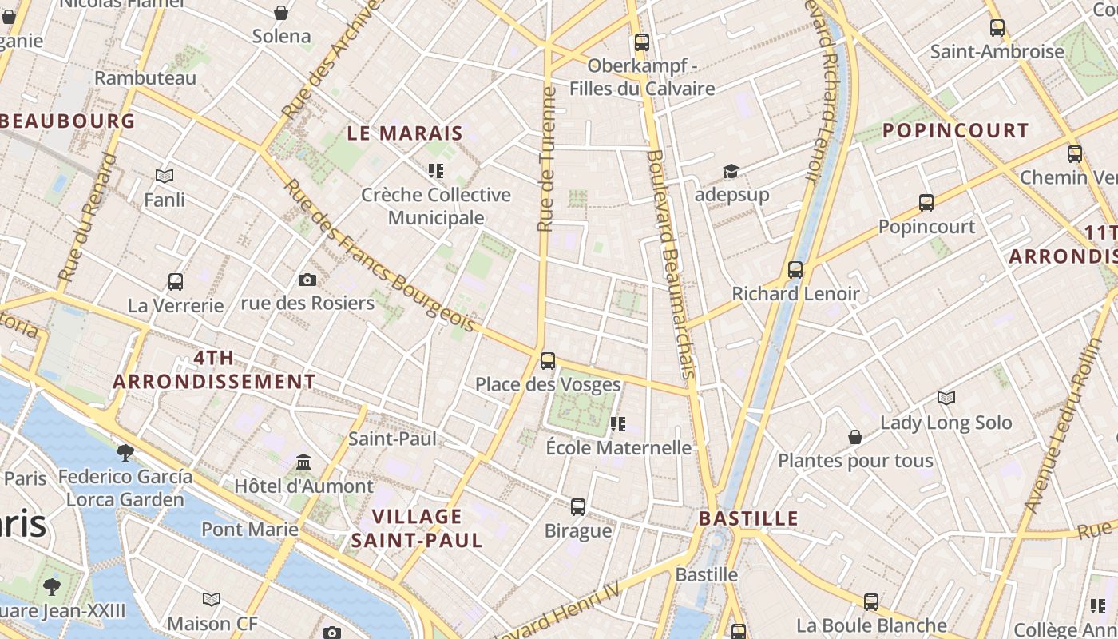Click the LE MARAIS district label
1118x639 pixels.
[405, 133]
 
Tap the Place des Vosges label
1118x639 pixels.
[548, 384]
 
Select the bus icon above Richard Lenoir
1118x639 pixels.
[795, 270]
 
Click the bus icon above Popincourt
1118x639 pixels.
[926, 203]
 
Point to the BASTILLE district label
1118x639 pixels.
[748, 518]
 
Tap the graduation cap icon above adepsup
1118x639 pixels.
[731, 171]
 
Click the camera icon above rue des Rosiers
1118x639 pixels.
[307, 280]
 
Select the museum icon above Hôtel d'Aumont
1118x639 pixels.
[303, 462]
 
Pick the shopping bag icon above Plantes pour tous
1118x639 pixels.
[855, 437]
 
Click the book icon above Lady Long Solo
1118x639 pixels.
[946, 398]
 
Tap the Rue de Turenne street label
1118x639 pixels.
[547, 160]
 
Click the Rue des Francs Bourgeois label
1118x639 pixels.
[379, 254]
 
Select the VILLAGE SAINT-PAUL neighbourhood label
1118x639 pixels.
[417, 528]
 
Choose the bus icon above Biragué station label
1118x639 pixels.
[578, 507]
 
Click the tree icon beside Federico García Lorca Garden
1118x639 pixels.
[125, 453]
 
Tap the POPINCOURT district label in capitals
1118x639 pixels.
[955, 130]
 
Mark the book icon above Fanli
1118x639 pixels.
[165, 176]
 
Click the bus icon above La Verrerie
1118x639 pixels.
[176, 282]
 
